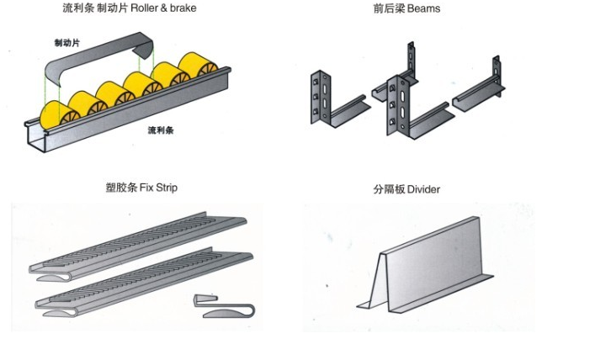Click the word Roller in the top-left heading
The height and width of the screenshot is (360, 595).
[x=144, y=8]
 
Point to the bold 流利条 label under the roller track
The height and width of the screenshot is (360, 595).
[x=161, y=130]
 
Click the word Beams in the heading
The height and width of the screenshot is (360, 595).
[x=424, y=9]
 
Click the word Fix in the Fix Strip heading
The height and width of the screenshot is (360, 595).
[x=145, y=188]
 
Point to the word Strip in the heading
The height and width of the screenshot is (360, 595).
[x=166, y=188]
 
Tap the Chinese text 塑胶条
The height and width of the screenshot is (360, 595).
[x=120, y=188]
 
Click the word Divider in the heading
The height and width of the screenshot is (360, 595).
[x=423, y=189]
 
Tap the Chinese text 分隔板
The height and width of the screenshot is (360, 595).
[x=389, y=189]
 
